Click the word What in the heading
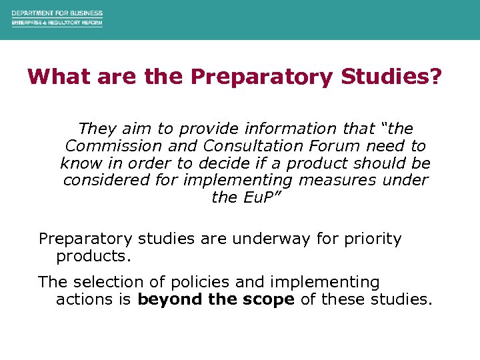pos(59,77)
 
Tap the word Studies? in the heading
pos(391,77)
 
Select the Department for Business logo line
pos(57,13)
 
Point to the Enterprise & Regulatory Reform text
pos(57,23)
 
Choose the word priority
pos(373,239)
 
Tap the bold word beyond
pos(171,300)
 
